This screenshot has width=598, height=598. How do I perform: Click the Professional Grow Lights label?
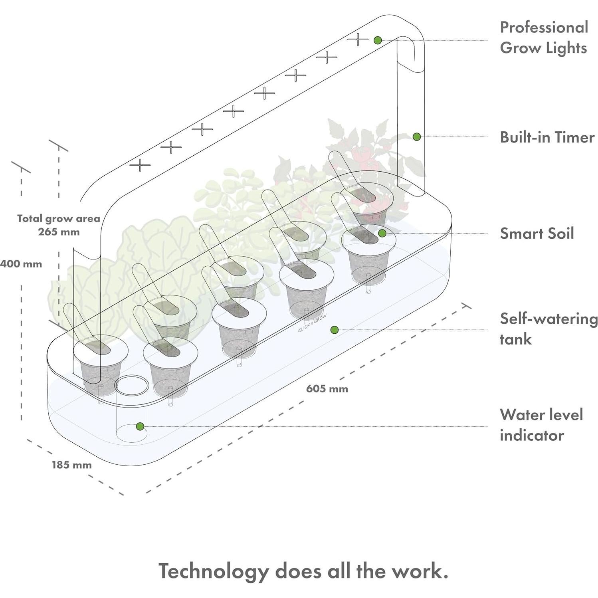544,38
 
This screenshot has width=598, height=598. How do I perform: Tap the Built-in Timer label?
547,137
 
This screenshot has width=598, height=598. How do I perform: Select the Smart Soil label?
537,234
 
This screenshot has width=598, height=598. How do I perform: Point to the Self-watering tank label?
548,329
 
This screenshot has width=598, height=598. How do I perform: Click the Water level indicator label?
541,425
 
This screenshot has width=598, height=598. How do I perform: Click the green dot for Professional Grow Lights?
378,40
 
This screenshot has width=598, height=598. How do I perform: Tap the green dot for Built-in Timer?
416,137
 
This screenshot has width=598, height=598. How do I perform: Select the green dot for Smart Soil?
382,233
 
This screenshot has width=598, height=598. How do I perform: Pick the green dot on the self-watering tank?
335,330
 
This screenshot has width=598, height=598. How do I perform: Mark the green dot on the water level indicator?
140,426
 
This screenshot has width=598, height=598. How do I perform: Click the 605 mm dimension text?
327,388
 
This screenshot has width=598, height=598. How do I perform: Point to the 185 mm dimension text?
71,465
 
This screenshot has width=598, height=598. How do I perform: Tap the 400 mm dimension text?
21,264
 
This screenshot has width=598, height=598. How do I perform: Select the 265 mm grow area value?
59,232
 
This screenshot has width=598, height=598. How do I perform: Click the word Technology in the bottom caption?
213,571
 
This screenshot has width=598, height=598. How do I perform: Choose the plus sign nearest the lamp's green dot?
358,40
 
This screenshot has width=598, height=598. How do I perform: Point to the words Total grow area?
58,218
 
